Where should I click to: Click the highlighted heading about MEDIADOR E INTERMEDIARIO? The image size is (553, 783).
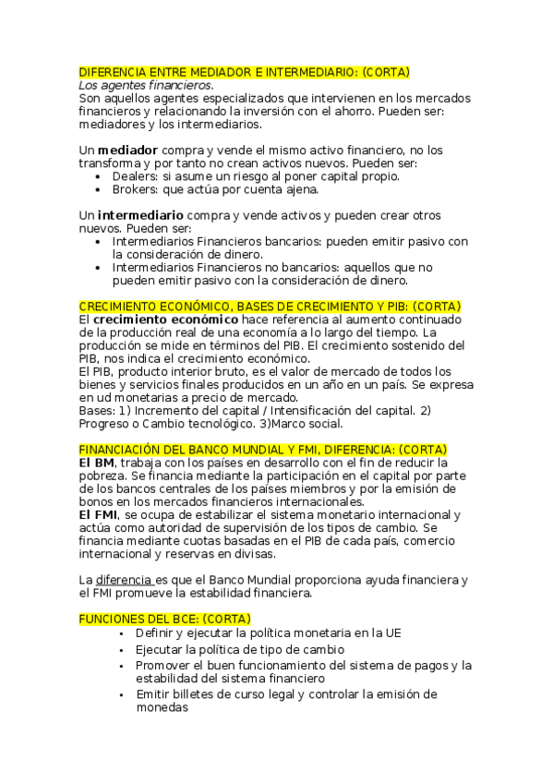point(245,72)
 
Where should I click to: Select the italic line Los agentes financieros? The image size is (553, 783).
point(146,85)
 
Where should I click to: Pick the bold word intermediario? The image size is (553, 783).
point(140,215)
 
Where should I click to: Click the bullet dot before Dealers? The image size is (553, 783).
point(99,175)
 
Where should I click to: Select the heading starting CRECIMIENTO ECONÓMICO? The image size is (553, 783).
point(270,307)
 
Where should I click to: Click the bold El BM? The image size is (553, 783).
point(97,462)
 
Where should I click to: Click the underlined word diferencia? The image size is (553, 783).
point(125,579)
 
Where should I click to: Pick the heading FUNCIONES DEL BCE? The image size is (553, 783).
point(164,619)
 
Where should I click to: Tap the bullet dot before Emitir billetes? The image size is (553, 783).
point(122,694)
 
